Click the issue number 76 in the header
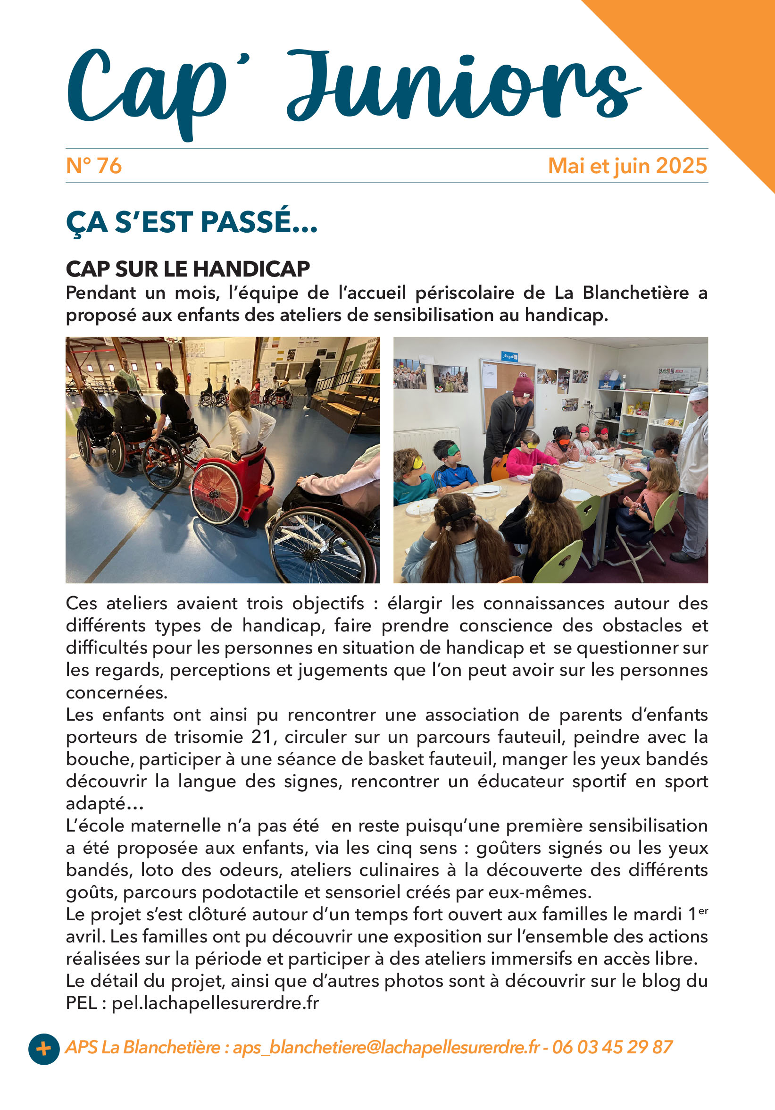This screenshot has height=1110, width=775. [x=108, y=166]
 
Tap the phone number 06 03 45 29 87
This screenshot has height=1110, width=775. [x=612, y=1047]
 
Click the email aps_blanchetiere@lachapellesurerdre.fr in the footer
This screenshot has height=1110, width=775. [x=386, y=1047]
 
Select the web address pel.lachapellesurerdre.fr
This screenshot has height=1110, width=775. [x=216, y=1003]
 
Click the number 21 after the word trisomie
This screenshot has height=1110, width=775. [x=263, y=737]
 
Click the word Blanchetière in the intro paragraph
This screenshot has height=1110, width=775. [x=635, y=293]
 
